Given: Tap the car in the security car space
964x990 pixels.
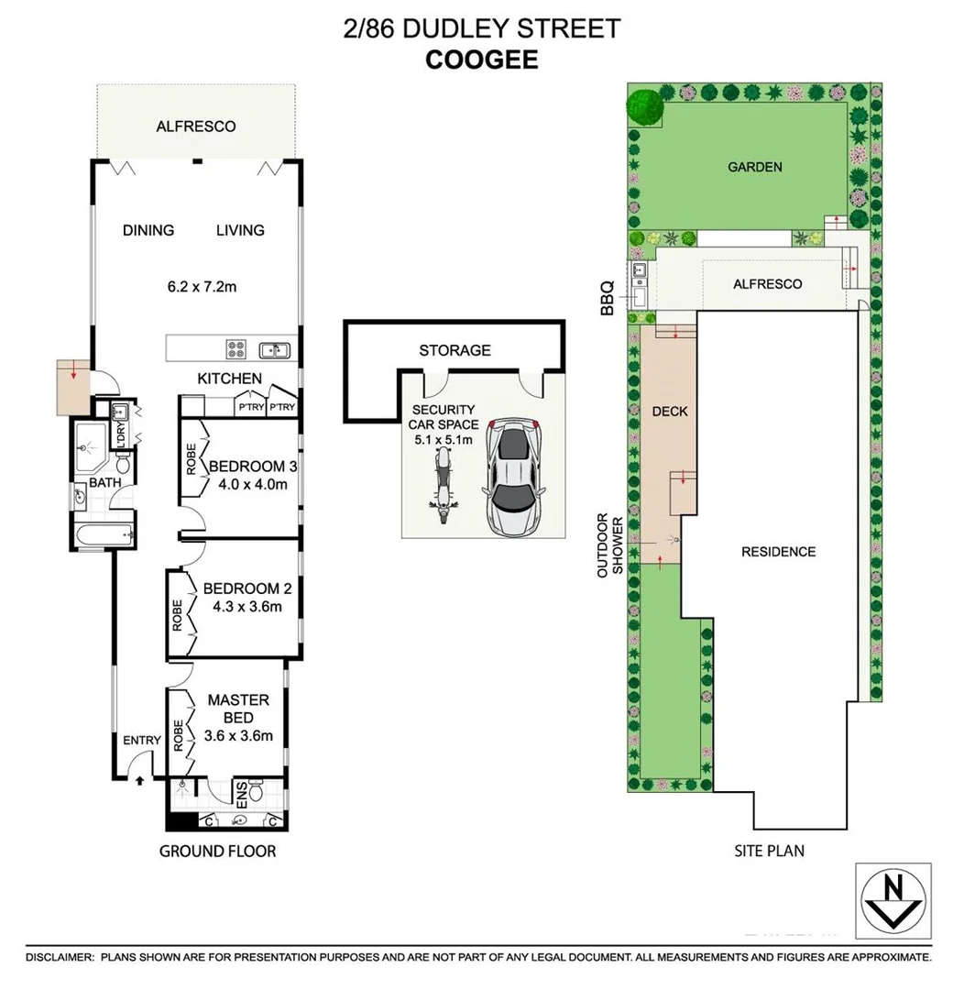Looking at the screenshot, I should tap(514, 479).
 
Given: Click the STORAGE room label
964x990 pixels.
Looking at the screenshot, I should tap(455, 350).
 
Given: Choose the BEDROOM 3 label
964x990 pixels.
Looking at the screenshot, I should tap(253, 467).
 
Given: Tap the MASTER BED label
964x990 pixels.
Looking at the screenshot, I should tap(238, 709).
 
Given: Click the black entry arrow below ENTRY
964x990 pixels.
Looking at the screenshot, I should tap(139, 781).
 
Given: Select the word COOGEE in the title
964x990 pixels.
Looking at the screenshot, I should tap(481, 60).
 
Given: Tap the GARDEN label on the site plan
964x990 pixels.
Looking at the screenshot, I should tap(754, 167).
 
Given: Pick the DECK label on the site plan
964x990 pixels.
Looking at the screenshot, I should tap(669, 411).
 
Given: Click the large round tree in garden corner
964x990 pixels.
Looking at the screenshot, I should tap(645, 105).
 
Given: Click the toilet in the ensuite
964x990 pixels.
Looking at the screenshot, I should tap(256, 791).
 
